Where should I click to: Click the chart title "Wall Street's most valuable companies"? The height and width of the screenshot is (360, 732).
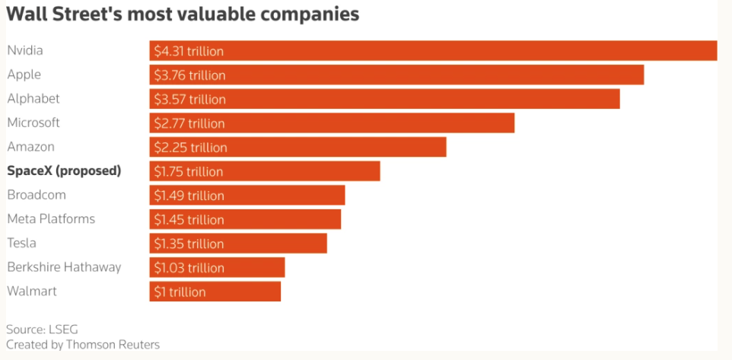[183, 14]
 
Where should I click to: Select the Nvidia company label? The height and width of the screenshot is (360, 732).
[25, 50]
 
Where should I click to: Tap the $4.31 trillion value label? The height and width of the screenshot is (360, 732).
[189, 51]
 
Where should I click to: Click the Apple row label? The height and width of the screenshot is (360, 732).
[24, 75]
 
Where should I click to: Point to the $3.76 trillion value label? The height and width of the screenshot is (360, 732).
[190, 75]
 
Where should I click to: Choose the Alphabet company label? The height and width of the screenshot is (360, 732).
[33, 99]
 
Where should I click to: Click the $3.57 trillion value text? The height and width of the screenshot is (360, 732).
[190, 100]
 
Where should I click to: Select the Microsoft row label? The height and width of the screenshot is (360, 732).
[33, 123]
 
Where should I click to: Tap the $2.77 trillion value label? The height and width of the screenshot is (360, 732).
[189, 123]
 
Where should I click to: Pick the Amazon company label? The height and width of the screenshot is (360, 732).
[30, 147]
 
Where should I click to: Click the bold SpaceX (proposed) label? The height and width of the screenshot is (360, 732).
[65, 171]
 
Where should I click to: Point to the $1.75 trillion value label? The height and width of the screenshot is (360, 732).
[189, 172]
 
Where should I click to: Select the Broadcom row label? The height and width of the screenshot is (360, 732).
[37, 195]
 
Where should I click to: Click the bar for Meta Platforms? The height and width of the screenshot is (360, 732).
[245, 219]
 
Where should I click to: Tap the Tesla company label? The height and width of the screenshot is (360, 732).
[21, 244]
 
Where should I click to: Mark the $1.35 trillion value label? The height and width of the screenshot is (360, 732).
[189, 244]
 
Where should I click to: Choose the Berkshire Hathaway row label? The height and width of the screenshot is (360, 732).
[65, 268]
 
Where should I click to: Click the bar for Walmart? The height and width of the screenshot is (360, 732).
[215, 292]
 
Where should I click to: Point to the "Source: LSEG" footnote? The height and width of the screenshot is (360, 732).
[42, 330]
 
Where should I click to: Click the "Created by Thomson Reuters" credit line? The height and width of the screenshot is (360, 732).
[83, 345]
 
